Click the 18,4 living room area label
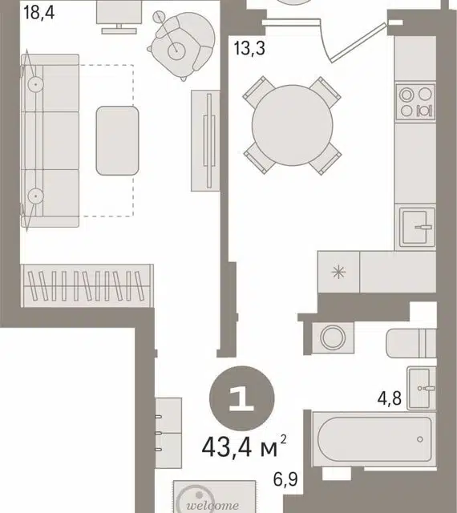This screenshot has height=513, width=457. pos(39,13)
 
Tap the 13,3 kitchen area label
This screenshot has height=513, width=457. pos(249,48)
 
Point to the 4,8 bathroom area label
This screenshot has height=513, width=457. pos(389,398)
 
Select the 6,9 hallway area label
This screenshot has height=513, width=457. pos(285,479)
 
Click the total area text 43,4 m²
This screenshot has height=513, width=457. pos(245,446)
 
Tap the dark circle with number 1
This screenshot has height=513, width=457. pos(241,398)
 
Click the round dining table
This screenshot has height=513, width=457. pos(293,125)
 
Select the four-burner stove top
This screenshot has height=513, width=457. pos(415,103)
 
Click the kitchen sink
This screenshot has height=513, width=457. pos(417,227)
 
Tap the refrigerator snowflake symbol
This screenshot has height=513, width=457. pos(338,272)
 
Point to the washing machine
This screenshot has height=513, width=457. pos(333,337)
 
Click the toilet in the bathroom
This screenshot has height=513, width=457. pos(411,343)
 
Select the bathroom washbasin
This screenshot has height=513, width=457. pos(421,388)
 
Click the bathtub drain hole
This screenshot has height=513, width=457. pos(419,439)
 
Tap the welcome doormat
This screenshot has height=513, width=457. pos(214,496)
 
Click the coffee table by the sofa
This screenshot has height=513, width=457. pos(117,141)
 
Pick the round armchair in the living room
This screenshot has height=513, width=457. pos(182,45)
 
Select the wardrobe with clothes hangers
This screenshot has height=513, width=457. pos(87,286)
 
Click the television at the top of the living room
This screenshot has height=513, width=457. pos(119,16)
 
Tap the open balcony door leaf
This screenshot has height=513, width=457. pos(358,42)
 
